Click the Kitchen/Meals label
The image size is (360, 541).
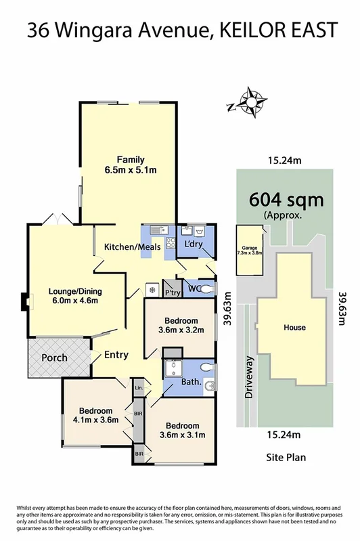coord(132,247)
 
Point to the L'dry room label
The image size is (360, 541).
coord(194,244)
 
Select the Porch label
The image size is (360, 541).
coord(56,358)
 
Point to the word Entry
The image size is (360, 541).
coord(116,355)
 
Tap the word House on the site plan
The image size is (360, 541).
coord(294,328)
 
